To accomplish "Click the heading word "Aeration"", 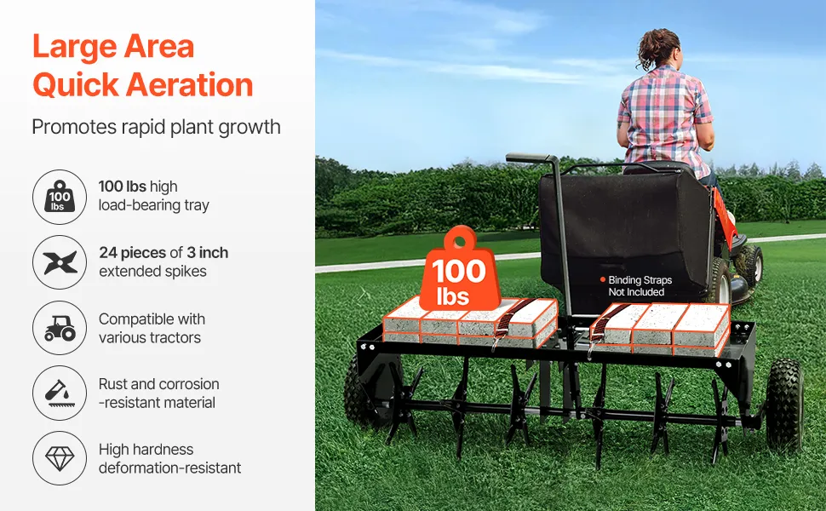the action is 190,85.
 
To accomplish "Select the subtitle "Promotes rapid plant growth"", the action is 156,128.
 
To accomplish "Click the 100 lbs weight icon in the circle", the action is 60,197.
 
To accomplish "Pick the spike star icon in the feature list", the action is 60,262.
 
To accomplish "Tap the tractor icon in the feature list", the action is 60,328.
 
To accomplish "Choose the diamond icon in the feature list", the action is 60,458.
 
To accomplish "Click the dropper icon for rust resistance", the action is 60,393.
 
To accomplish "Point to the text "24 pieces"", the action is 132,253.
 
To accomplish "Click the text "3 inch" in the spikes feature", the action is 207,252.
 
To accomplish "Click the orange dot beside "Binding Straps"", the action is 603,279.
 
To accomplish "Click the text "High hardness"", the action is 146,450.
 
